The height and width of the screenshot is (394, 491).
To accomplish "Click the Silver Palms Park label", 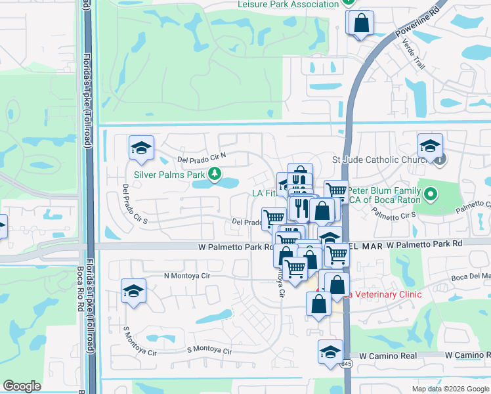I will click(x=169, y=175).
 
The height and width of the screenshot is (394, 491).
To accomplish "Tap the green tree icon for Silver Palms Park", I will click(x=214, y=174).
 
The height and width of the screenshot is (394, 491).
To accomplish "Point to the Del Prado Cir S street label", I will click(x=134, y=204).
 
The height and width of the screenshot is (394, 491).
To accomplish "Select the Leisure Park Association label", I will click(x=288, y=5).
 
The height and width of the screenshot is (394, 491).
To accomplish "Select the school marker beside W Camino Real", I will click(x=330, y=351).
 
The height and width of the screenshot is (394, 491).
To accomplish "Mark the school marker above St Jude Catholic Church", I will click(x=430, y=145).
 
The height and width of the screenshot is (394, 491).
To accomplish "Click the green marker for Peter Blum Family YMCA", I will click(x=431, y=194).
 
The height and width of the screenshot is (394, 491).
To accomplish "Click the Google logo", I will click(x=22, y=387).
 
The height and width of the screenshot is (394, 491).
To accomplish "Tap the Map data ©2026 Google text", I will click(x=450, y=389).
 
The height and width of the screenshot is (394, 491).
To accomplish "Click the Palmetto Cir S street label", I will click(x=395, y=214).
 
